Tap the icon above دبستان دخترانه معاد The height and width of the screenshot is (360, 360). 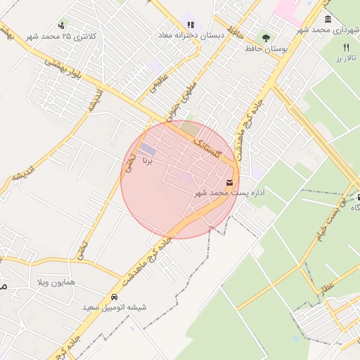(x=190, y=25)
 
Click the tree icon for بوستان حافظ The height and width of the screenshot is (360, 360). (x=266, y=37)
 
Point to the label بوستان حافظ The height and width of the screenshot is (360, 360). (x=270, y=48)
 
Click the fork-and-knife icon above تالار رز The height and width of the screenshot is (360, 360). (x=345, y=46)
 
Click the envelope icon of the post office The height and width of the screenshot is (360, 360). (x=230, y=183)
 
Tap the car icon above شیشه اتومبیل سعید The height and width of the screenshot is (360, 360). (x=115, y=297)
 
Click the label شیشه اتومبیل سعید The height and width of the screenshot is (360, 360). (x=114, y=307)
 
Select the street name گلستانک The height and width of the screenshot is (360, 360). (x=210, y=148)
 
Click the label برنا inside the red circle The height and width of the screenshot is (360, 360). (x=147, y=162)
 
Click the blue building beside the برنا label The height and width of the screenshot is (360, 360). (x=148, y=150)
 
